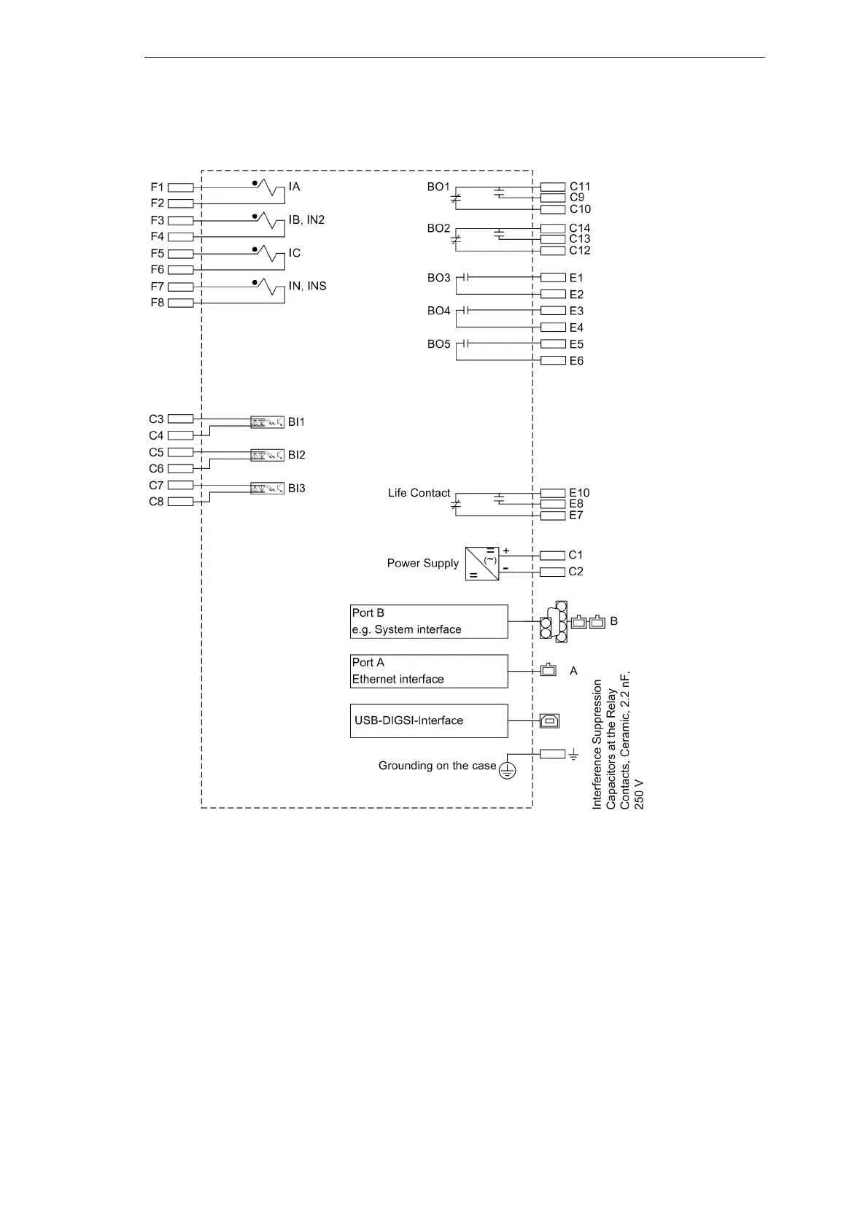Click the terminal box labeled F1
point(180,187)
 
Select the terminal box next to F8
point(180,303)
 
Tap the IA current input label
point(294,187)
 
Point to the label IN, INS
point(307,286)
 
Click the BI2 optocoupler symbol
point(267,455)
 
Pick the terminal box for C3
point(180,419)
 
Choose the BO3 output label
point(438,278)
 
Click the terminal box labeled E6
point(553,360)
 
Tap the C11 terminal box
point(553,187)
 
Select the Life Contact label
point(419,493)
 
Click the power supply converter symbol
point(482,564)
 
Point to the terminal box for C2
point(552,572)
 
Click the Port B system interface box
point(429,621)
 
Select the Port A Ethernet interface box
point(429,671)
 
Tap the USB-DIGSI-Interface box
point(429,720)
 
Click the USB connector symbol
point(549,720)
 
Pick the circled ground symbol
point(507,770)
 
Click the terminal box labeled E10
point(553,493)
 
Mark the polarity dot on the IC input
point(255,249)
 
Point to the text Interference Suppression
point(597,744)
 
